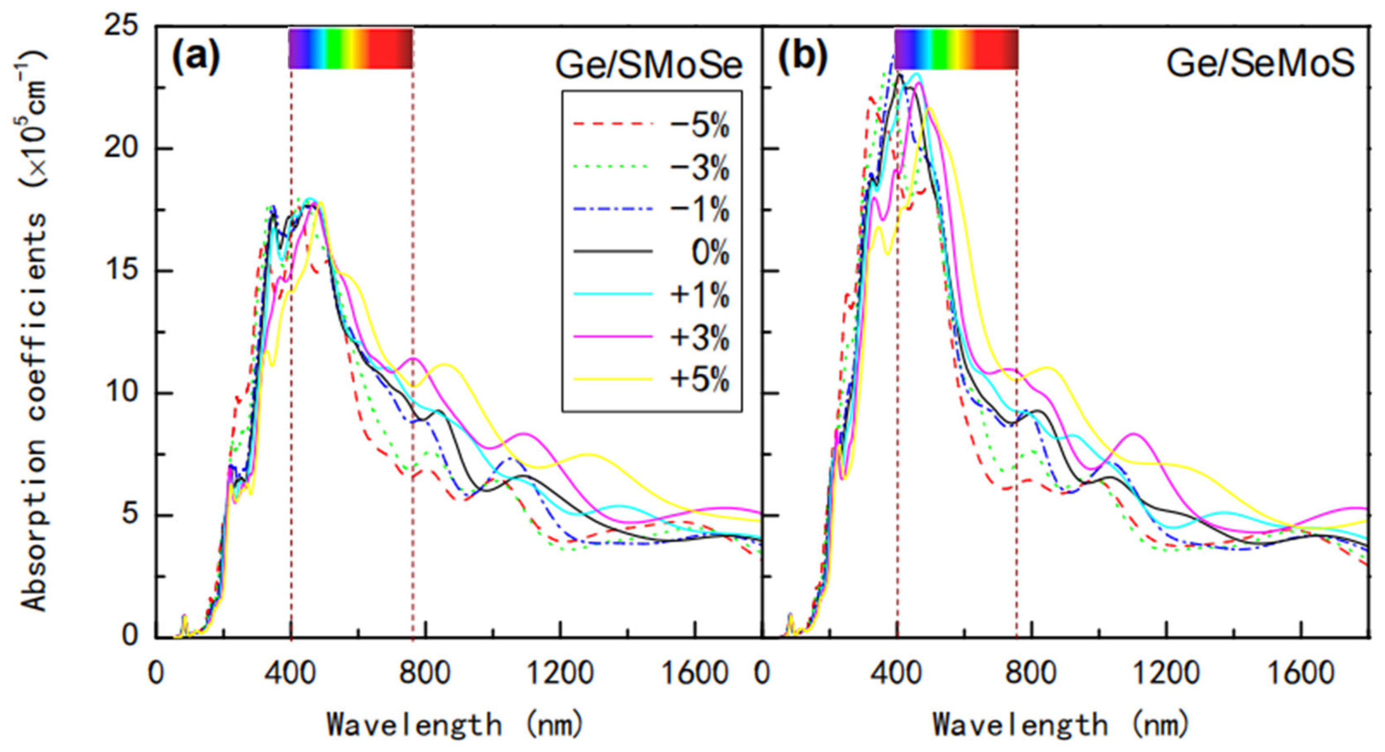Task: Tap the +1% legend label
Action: (699, 295)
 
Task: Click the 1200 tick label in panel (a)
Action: (560, 672)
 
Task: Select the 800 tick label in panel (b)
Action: (1031, 672)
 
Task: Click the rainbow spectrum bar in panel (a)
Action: (350, 48)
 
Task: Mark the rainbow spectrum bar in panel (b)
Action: (957, 48)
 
